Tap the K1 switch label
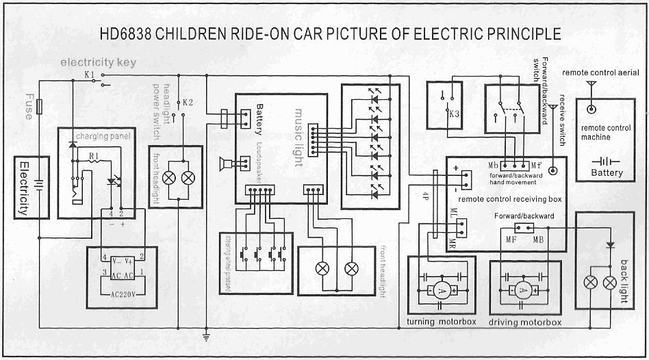pyautogui.click(x=90, y=73)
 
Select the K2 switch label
pyautogui.click(x=188, y=103)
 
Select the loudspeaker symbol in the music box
pyautogui.click(x=223, y=164)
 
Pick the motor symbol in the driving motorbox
pyautogui.click(x=524, y=290)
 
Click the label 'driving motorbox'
pyautogui.click(x=524, y=322)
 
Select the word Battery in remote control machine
pyautogui.click(x=607, y=173)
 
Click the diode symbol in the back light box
pyautogui.click(x=610, y=244)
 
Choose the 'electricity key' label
pyautogui.click(x=98, y=62)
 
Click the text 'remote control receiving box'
pyautogui.click(x=510, y=198)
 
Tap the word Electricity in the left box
pyautogui.click(x=23, y=188)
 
